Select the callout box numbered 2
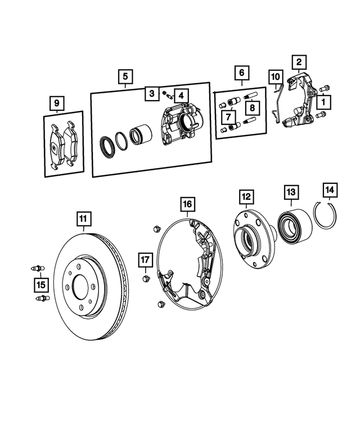299,62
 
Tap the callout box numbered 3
151,93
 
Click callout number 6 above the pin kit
241,73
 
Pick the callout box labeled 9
56,103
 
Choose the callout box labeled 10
275,76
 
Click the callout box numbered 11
83,218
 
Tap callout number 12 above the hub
246,197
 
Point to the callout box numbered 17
146,260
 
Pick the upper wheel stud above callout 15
37,268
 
